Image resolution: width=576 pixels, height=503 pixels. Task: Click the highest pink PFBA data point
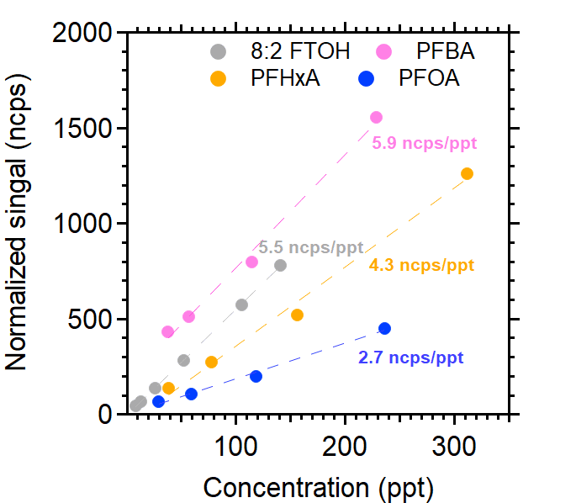376,117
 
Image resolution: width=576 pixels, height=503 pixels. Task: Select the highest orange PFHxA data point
468,173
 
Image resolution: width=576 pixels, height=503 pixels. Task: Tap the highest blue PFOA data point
384,328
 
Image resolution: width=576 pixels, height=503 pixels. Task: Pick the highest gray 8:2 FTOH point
280,265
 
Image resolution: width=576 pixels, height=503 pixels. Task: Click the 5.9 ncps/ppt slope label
425,143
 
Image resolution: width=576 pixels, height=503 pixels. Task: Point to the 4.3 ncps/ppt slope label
421,266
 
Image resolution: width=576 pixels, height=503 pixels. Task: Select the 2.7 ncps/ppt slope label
410,357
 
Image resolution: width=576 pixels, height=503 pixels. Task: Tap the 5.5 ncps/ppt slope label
310,247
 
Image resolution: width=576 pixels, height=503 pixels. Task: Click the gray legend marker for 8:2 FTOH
219,51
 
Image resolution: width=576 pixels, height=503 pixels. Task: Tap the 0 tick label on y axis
104,414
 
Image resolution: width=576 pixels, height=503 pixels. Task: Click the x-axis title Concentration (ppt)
319,485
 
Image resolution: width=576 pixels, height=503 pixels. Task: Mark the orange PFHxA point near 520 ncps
297,315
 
